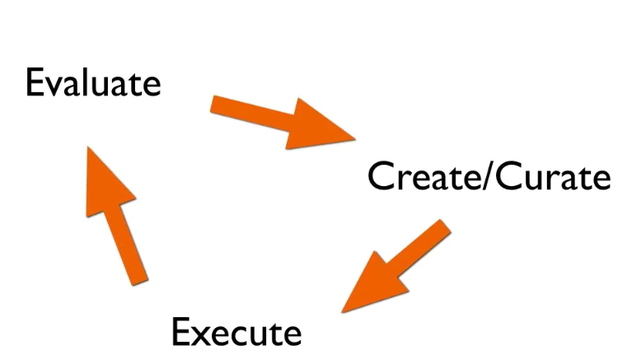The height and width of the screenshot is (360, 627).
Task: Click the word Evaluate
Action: point(92,83)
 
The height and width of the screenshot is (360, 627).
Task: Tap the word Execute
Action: point(236,332)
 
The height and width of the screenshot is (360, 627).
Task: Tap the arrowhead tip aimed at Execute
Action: point(341,311)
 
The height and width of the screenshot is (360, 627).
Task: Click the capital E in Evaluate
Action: point(34,83)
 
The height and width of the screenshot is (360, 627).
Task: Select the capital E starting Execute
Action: point(180,332)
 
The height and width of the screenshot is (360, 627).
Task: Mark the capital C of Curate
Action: point(503,176)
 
